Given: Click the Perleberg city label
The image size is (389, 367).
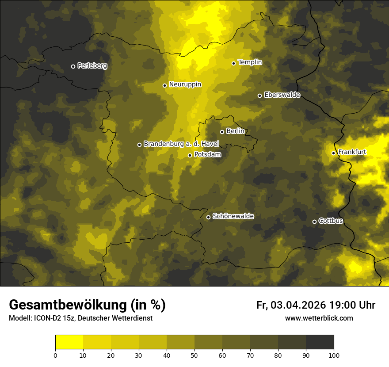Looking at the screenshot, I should (92, 66).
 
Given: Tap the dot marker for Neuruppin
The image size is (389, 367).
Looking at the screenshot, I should (164, 85).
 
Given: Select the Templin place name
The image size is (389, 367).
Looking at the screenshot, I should (250, 62).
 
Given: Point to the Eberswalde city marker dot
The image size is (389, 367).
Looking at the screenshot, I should (259, 96).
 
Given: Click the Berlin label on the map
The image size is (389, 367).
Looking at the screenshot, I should (235, 131).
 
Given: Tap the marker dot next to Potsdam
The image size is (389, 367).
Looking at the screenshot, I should (190, 155).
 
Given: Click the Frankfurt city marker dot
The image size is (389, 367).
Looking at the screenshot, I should (333, 153).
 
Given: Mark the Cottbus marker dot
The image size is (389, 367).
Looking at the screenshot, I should (314, 222).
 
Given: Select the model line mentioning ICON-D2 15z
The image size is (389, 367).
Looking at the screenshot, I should (80, 318).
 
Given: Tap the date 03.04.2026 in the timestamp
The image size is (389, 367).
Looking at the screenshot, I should (298, 305).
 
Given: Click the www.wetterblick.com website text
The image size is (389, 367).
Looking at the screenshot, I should (319, 318).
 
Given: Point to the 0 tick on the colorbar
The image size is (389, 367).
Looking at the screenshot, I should (55, 355).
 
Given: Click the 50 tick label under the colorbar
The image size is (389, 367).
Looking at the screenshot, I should (194, 355).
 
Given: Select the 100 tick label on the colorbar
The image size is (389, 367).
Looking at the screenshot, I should (334, 355).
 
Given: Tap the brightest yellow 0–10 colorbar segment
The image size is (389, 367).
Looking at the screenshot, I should (69, 342).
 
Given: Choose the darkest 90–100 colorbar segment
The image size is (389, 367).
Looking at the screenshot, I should (320, 342).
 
